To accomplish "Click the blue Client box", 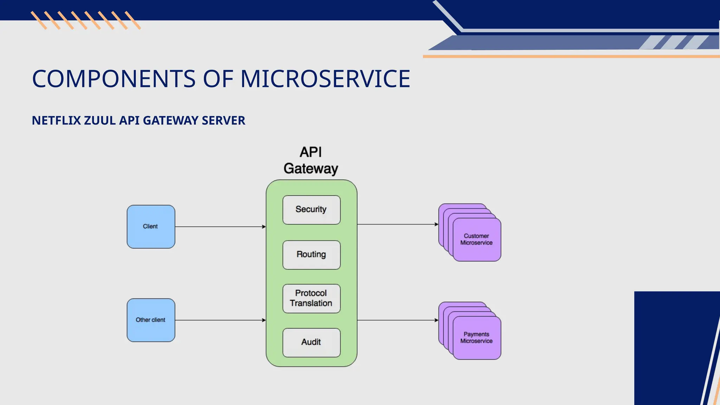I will [x=151, y=226].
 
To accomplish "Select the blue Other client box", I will [x=151, y=320].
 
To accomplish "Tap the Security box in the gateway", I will [x=311, y=210].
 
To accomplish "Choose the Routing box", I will [x=311, y=255].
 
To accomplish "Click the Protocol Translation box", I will [x=311, y=298].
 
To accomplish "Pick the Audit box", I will [x=311, y=342].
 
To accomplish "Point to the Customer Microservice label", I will [x=476, y=239].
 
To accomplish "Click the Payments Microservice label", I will [x=476, y=337].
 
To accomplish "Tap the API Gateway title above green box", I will [x=311, y=161].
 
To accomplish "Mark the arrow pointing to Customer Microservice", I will [x=398, y=224].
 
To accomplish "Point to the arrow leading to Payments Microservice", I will [x=398, y=320].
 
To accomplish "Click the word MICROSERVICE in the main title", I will [x=325, y=79].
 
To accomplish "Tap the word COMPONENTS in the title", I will [x=114, y=79].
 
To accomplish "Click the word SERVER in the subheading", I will [x=223, y=121].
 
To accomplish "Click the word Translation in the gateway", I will [x=311, y=303].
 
